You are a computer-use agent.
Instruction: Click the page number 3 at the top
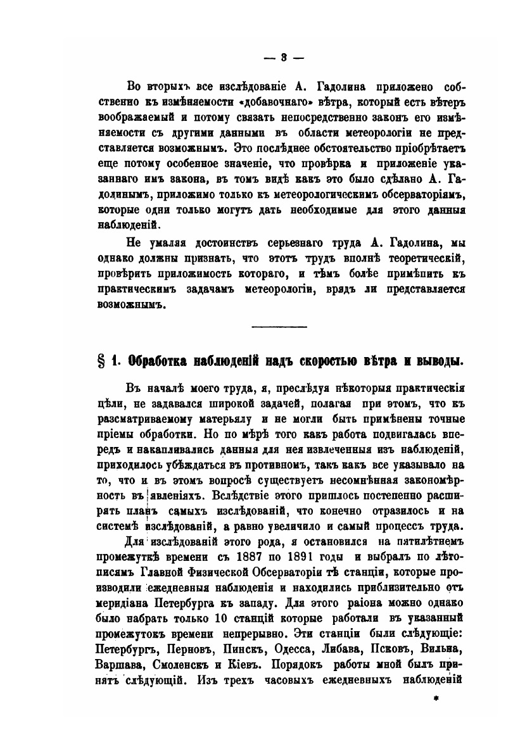[284, 56]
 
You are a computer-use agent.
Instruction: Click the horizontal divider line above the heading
[279, 327]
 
